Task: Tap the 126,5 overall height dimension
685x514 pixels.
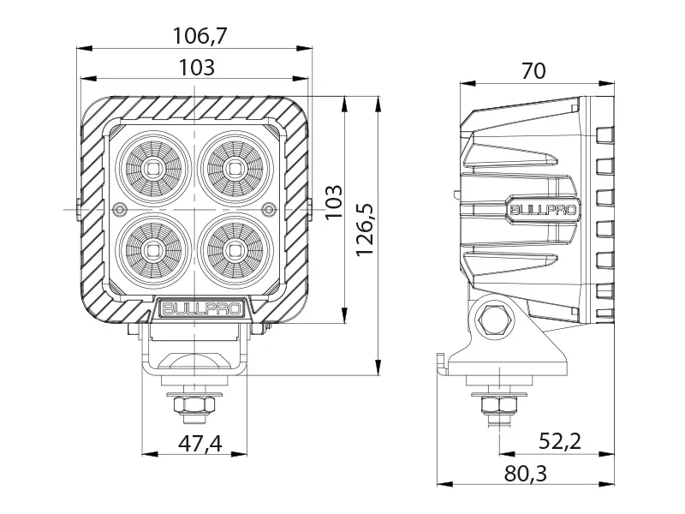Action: click(366, 230)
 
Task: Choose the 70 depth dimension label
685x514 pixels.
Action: click(533, 71)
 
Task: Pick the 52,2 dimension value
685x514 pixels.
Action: click(560, 441)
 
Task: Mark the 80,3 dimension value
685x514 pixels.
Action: click(527, 473)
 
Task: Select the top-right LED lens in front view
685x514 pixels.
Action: click(232, 167)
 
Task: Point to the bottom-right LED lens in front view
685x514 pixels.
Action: click(232, 249)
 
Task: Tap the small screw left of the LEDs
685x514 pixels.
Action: click(120, 208)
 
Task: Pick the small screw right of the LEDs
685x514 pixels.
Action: click(269, 208)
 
